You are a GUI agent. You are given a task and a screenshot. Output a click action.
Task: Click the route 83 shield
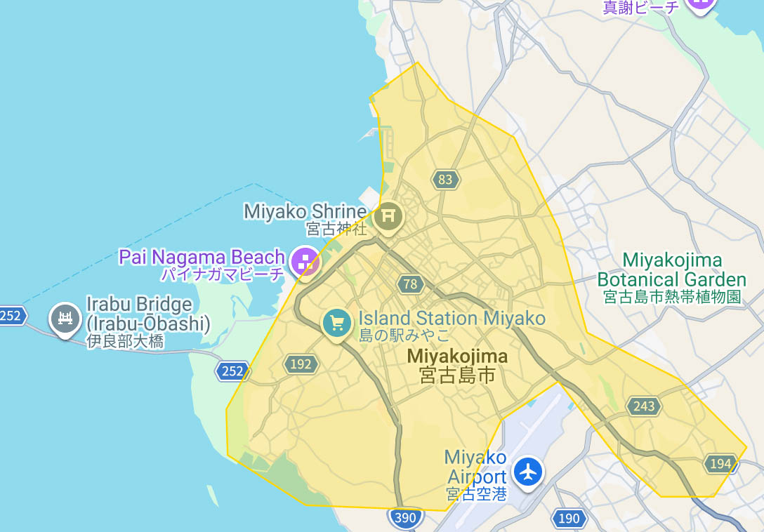[445, 180]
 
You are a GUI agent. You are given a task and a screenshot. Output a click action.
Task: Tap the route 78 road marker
[411, 284]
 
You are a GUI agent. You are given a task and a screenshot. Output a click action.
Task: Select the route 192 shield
[301, 364]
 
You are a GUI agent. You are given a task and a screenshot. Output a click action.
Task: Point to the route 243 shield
[644, 406]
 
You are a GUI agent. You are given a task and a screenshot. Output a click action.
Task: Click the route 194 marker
[720, 463]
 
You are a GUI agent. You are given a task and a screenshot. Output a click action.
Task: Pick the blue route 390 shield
[405, 519]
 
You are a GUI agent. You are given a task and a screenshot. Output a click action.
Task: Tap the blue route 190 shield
[569, 519]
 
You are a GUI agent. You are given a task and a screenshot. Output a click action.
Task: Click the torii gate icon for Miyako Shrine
[388, 215]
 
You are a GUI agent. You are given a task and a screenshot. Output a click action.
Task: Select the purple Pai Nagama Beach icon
[305, 262]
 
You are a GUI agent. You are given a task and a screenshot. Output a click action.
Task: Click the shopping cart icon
[338, 323]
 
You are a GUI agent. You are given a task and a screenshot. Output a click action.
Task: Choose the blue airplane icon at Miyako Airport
[528, 471]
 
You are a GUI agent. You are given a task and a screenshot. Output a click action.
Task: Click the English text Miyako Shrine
[305, 211]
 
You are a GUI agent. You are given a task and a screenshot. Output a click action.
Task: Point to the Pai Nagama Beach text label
[202, 257]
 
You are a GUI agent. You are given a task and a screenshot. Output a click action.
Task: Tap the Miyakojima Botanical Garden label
[671, 270]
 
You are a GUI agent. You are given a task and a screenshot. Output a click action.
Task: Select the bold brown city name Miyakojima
[457, 357]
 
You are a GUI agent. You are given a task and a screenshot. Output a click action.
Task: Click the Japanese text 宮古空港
[476, 495]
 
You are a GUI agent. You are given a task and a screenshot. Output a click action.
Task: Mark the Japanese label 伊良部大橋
[125, 342]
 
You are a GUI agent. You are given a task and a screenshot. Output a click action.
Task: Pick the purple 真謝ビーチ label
[641, 7]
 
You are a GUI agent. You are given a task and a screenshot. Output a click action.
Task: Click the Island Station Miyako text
[452, 318]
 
